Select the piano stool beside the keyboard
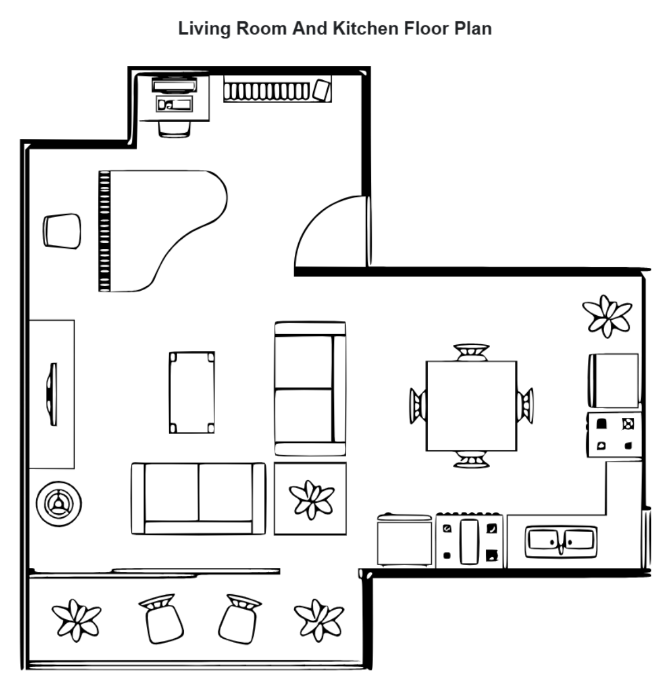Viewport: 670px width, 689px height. [62, 231]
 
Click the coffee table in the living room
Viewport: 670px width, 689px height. [192, 392]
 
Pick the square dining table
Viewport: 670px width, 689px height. [471, 406]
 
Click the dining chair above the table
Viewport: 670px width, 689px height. [471, 352]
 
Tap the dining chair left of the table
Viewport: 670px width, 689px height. [417, 406]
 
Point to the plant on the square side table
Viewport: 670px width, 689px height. [311, 498]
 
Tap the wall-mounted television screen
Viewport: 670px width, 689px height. [52, 394]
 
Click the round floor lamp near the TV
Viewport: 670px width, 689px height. [58, 503]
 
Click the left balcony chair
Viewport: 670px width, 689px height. [163, 619]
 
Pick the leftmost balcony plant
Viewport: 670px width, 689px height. [76, 619]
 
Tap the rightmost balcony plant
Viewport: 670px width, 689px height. [319, 619]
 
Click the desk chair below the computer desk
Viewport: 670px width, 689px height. [174, 129]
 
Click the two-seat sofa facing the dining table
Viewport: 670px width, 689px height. [310, 388]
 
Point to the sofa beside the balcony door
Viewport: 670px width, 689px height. [198, 499]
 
